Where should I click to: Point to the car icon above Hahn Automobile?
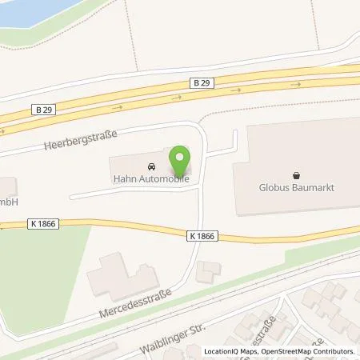[x=150, y=166]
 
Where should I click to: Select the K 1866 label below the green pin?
[x=203, y=235]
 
